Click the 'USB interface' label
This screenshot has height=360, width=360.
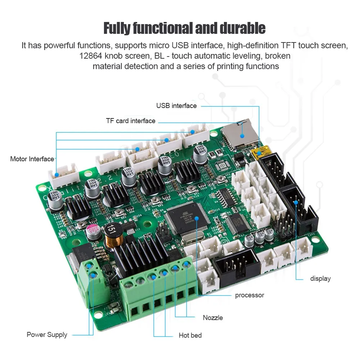[x=176, y=106]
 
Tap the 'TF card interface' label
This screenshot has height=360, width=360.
[x=131, y=121]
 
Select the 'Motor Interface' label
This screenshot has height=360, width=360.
[x=32, y=159]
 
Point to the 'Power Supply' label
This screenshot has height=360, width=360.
[x=47, y=335]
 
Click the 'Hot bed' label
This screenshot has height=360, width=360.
[x=190, y=336]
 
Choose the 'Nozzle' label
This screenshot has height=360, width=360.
[x=213, y=318]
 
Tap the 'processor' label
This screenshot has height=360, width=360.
[x=249, y=296]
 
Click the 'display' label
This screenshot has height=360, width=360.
[x=320, y=279]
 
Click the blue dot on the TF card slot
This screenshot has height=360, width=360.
[x=243, y=136]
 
